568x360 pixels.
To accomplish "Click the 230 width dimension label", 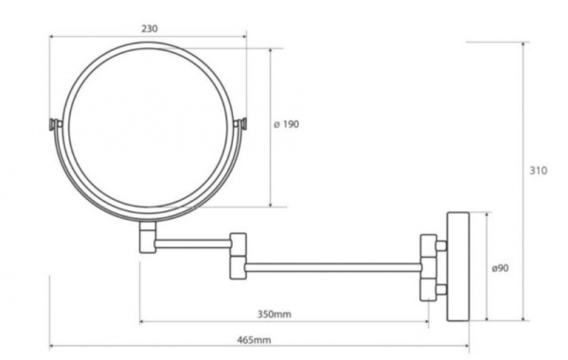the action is [150, 28].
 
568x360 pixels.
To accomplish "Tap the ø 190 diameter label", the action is [287, 124].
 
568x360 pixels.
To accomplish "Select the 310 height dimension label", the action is [539, 171].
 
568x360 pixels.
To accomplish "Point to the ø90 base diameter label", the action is [500, 268].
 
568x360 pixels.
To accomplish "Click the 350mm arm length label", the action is [275, 314].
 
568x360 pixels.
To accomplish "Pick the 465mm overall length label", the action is [254, 340].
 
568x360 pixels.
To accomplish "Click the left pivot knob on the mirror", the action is [55, 124].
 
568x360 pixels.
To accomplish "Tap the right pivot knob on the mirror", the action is [240, 124].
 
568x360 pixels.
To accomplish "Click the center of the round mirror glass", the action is [149, 128].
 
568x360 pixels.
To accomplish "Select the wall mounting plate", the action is [458, 266].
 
